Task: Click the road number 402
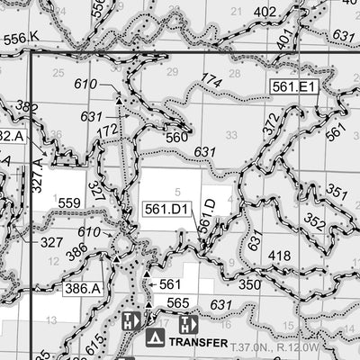point(265,12)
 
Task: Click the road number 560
point(177,138)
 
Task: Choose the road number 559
point(69,203)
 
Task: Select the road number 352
point(314,220)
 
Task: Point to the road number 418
point(279,256)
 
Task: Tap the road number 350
point(249,284)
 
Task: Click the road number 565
point(177,303)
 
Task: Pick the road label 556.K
point(22,38)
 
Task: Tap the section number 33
point(232,135)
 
